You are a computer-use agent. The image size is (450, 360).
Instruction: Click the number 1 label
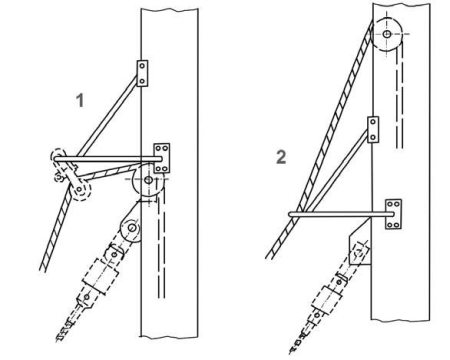click(80, 100)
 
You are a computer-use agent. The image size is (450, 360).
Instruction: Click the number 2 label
click(281, 157)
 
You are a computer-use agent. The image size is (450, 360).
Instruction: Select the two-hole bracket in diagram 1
click(142, 73)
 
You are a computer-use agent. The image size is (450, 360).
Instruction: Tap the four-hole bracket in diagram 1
click(162, 158)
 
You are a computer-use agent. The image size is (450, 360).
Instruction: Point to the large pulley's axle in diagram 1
click(149, 180)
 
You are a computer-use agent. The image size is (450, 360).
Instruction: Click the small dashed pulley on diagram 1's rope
click(80, 190)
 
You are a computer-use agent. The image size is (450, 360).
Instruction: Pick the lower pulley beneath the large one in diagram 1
click(132, 229)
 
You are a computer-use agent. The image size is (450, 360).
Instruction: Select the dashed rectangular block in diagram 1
click(101, 276)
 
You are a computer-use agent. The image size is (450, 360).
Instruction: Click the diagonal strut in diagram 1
click(107, 115)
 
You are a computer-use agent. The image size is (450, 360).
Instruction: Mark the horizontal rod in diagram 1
click(108, 159)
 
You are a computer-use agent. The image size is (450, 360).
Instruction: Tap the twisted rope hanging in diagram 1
click(57, 230)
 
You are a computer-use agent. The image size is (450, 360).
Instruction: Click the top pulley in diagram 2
click(387, 34)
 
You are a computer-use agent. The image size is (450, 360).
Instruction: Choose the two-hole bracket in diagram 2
click(373, 130)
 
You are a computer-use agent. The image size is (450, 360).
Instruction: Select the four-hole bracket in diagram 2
click(393, 214)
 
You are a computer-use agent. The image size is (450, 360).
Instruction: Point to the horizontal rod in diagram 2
click(342, 214)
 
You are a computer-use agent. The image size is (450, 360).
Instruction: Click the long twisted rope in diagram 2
click(320, 139)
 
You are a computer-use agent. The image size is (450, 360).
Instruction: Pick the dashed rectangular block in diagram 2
click(327, 300)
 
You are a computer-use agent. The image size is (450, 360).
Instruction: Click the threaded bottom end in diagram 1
click(64, 333)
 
